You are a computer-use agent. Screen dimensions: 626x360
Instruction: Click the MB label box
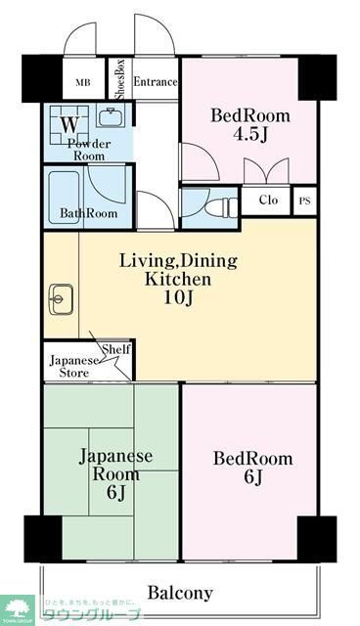click(83, 82)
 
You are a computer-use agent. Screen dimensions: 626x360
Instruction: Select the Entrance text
click(155, 82)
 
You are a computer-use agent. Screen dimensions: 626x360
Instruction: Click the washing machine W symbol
click(68, 124)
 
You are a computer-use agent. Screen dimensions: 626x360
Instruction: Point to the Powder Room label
click(88, 151)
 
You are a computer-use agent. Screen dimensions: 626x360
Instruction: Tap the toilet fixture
click(217, 206)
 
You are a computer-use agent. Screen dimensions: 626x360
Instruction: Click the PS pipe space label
click(305, 201)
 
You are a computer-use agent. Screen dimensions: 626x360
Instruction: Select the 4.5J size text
click(251, 134)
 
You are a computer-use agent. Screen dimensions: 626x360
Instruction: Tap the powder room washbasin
click(109, 121)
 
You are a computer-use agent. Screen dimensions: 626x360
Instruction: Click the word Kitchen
click(178, 279)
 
